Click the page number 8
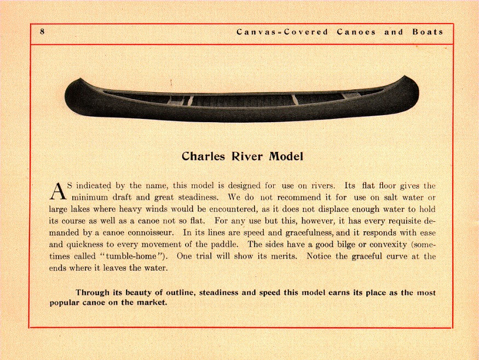[42, 32]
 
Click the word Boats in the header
[428, 32]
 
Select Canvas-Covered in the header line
[282, 32]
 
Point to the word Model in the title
[285, 156]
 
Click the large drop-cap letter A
[57, 191]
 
